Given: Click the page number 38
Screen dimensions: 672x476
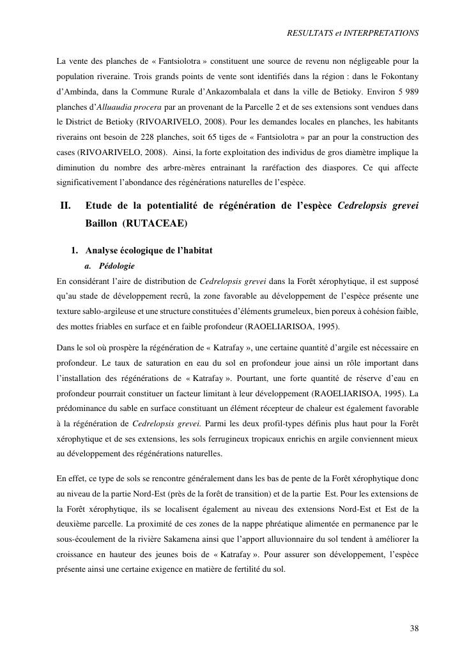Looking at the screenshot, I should click(x=414, y=629).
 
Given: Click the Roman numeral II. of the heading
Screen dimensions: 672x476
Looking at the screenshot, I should click(x=65, y=206).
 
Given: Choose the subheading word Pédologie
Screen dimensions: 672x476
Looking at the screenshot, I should click(x=117, y=265).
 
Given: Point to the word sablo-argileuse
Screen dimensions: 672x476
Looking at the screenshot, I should click(x=102, y=311).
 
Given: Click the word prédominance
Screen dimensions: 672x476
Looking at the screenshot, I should click(x=86, y=408).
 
